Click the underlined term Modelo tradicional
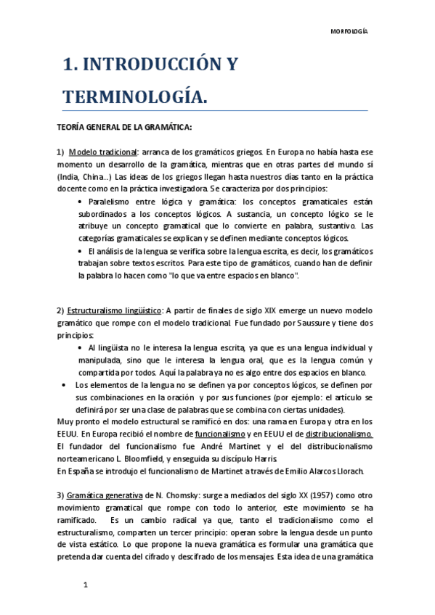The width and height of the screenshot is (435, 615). point(103,152)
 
